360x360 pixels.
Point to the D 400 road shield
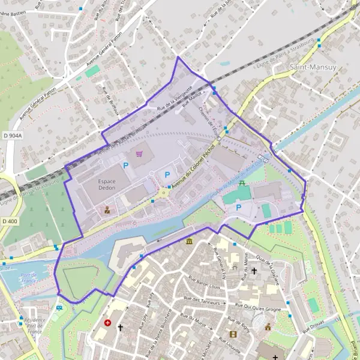pyautogui.click(x=10, y=221)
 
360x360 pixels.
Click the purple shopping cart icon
pyautogui.click(x=140, y=154)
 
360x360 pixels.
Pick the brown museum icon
pyautogui.click(x=190, y=241)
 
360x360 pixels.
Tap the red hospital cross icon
pyautogui.click(x=107, y=322)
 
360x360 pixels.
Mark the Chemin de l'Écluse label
pyautogui.click(x=209, y=118)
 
